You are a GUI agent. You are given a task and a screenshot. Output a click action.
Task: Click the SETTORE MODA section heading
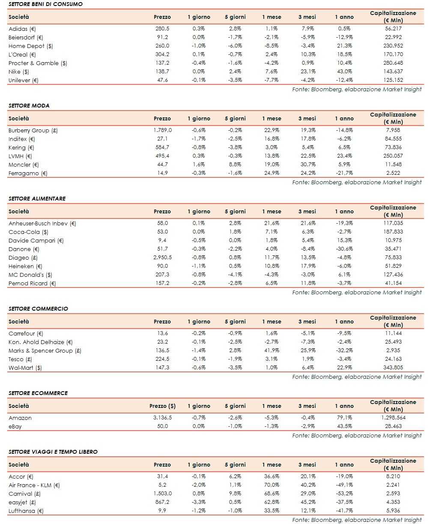click(x=29, y=105)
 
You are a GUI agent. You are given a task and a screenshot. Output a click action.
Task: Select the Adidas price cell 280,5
click(x=162, y=29)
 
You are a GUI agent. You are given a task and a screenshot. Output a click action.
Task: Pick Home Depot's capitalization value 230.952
click(x=393, y=46)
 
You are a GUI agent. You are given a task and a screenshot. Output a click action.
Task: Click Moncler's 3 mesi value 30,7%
click(x=307, y=165)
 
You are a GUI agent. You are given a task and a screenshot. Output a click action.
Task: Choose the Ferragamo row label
click(x=24, y=173)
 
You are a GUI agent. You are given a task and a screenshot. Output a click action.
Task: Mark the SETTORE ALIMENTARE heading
click(x=37, y=198)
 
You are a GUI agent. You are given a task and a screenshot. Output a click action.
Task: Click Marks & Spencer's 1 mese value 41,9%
click(x=272, y=350)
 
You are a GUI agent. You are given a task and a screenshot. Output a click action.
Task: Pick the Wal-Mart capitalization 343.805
click(x=393, y=368)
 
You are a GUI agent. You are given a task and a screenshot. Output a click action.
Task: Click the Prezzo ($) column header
click(x=162, y=406)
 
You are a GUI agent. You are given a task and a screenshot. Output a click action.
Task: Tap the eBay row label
click(x=15, y=426)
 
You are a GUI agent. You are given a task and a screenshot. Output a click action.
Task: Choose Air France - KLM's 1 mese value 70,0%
click(x=272, y=485)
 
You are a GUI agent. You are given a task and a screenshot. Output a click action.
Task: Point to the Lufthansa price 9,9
click(x=162, y=511)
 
